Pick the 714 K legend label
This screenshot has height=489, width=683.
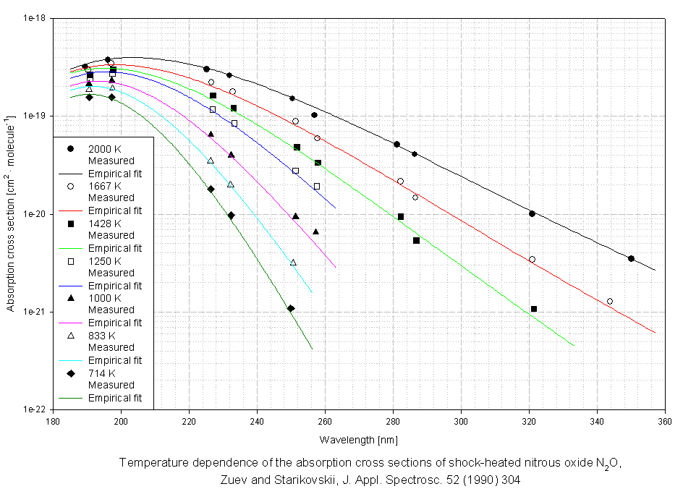(101, 373)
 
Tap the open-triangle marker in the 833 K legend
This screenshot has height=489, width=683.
(70, 336)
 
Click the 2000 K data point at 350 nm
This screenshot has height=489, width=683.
(631, 258)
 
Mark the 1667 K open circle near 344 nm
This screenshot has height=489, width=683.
(610, 301)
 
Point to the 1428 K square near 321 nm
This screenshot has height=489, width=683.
(534, 309)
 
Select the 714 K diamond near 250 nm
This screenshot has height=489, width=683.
(291, 308)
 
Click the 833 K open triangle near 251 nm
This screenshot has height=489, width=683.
(293, 262)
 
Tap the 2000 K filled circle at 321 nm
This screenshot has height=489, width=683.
(532, 213)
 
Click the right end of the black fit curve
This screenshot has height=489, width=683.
(655, 270)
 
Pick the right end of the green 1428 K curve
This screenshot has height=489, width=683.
(574, 346)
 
